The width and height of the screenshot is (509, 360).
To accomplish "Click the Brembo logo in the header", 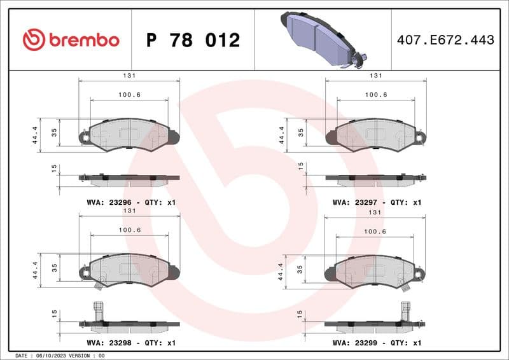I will tap(71, 40).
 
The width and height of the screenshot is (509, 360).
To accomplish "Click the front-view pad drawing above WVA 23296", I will tap(129, 134).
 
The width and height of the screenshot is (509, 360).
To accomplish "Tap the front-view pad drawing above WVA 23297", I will tap(375, 134).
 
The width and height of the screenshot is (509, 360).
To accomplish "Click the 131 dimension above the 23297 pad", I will tap(376, 75).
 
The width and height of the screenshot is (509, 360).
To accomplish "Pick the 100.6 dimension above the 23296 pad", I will tap(129, 95).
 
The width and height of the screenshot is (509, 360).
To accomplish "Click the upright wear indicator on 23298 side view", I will tap(98, 311).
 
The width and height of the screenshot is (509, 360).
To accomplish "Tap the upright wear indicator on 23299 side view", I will tap(404, 311).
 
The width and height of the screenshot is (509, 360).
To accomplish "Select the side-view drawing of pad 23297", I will tap(375, 179).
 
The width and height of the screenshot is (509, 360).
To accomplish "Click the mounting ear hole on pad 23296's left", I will tap(84, 135).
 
